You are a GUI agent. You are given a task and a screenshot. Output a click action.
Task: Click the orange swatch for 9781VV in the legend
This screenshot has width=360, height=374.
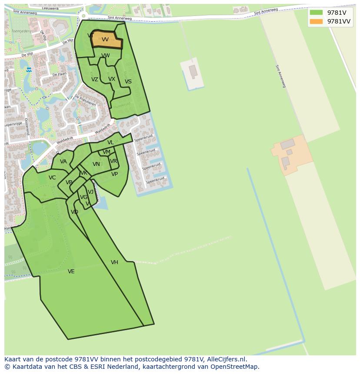(317, 21)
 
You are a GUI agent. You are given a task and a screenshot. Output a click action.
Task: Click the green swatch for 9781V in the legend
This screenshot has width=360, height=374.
(317, 13)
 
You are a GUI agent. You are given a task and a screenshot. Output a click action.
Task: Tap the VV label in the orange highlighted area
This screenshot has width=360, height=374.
(105, 40)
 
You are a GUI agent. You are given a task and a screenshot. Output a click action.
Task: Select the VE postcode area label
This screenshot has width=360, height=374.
(71, 271)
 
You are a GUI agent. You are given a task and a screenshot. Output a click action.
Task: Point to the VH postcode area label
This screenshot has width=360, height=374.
(114, 262)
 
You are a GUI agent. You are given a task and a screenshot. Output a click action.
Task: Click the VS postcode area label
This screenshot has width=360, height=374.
(128, 82)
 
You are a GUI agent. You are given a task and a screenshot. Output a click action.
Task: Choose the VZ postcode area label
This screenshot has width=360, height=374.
(95, 79)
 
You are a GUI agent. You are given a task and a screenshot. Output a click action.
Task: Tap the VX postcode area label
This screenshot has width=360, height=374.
(112, 79)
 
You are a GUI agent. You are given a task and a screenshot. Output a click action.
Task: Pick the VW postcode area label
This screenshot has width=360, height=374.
(106, 56)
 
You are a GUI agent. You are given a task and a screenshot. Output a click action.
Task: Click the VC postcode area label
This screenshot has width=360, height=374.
(52, 178)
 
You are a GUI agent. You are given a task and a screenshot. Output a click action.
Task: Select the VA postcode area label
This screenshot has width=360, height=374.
(63, 162)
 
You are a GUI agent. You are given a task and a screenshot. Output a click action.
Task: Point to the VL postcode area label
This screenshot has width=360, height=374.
(110, 142)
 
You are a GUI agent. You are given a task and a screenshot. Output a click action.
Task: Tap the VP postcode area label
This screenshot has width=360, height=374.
(114, 174)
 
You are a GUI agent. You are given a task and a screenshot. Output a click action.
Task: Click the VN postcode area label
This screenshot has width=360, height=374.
(96, 164)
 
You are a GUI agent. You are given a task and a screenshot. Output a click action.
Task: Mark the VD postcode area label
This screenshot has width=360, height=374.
(74, 212)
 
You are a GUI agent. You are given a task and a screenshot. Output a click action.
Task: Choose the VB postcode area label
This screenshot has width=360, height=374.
(69, 182)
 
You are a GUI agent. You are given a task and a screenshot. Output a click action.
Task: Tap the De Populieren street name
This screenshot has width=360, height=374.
(85, 101)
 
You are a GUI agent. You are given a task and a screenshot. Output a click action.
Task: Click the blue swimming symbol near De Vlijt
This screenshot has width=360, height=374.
(29, 70)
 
